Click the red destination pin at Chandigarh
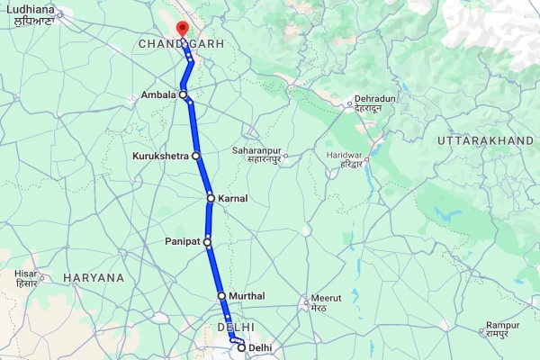pos(183,28)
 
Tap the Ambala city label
pos(157,94)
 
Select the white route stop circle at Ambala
pos(183,94)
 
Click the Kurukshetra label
pos(161,156)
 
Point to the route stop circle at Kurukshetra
pos(195,156)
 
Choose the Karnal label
pos(232,198)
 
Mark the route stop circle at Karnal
pos(211,198)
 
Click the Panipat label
pos(184,241)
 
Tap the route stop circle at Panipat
pos(208,241)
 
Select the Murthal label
pos(247,295)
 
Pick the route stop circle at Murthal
pos(221,295)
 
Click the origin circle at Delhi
pos(241,347)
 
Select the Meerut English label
pos(326,298)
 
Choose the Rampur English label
pos(503,325)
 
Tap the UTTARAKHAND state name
pos(486,142)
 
